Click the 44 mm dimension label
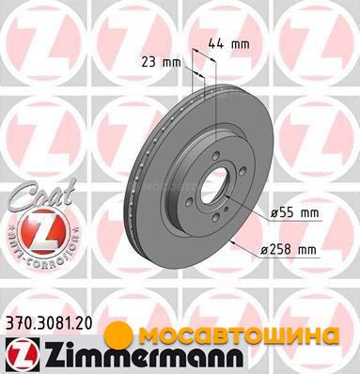pos(229,44)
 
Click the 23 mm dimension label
pos(161,62)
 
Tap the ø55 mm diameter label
pos(294,213)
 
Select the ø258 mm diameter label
pos(289,250)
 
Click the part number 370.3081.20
pos(49,323)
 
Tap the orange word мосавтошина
pos(239,335)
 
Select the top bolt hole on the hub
pos(216,156)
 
